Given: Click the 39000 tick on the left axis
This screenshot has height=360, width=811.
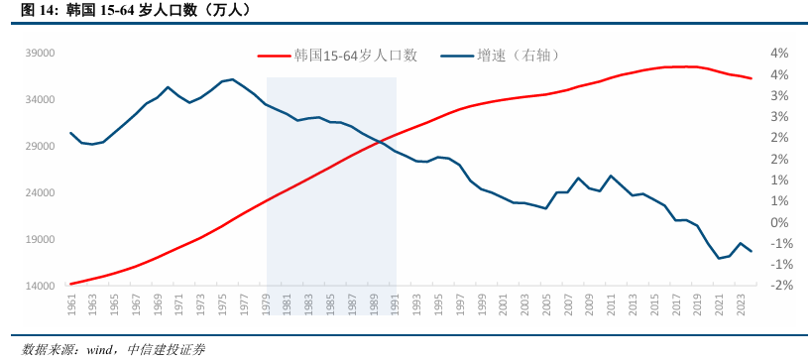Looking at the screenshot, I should click(x=40, y=54).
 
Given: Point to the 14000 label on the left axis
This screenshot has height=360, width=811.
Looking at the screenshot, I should click(x=40, y=286).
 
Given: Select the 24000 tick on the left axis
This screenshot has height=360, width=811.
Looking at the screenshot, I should click(x=40, y=193).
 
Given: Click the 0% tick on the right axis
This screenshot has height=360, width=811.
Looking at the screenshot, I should click(x=777, y=222).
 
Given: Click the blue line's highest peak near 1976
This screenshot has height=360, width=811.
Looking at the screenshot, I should click(x=232, y=79).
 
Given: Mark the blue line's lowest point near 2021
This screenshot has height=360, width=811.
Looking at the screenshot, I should click(x=719, y=259).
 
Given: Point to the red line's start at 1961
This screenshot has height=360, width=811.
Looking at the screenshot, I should click(x=71, y=284).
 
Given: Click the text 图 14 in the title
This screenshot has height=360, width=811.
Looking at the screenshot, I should click(x=32, y=11).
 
